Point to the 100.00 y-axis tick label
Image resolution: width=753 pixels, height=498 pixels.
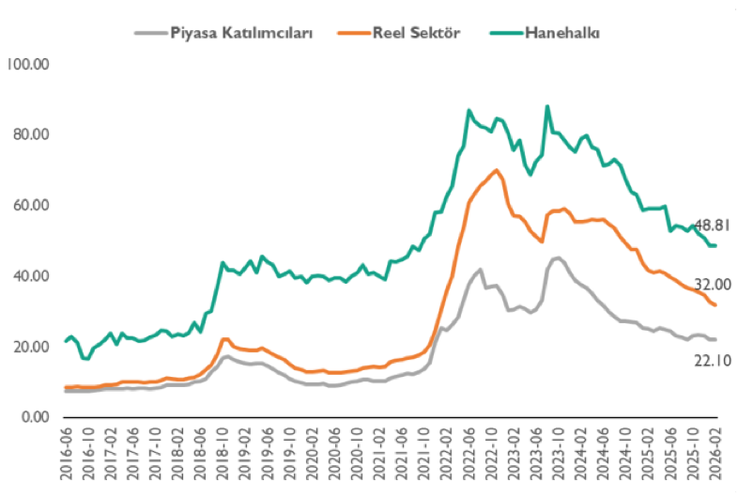[x=27, y=64]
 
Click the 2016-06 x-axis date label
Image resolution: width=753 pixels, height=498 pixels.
[x=68, y=454]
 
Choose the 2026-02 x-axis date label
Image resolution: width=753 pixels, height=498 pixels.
[x=715, y=454]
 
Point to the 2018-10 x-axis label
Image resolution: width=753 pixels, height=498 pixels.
[x=223, y=454]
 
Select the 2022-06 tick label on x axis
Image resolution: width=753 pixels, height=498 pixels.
[x=469, y=454]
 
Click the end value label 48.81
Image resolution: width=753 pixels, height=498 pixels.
[x=712, y=225]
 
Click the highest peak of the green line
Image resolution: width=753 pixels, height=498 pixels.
[x=547, y=106]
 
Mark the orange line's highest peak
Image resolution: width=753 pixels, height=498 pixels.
[x=496, y=170]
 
